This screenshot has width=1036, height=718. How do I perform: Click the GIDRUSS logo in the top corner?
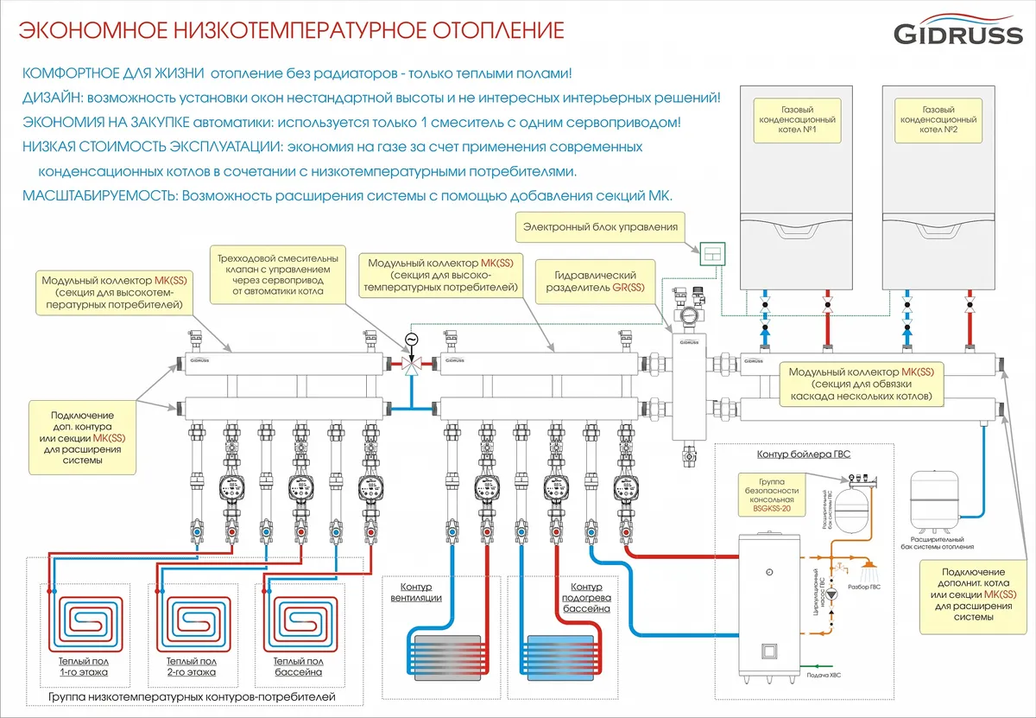coord(956,33)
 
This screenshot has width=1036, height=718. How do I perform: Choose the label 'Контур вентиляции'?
coord(416,592)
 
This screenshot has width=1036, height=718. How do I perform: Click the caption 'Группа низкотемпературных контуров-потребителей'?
coord(192,696)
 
